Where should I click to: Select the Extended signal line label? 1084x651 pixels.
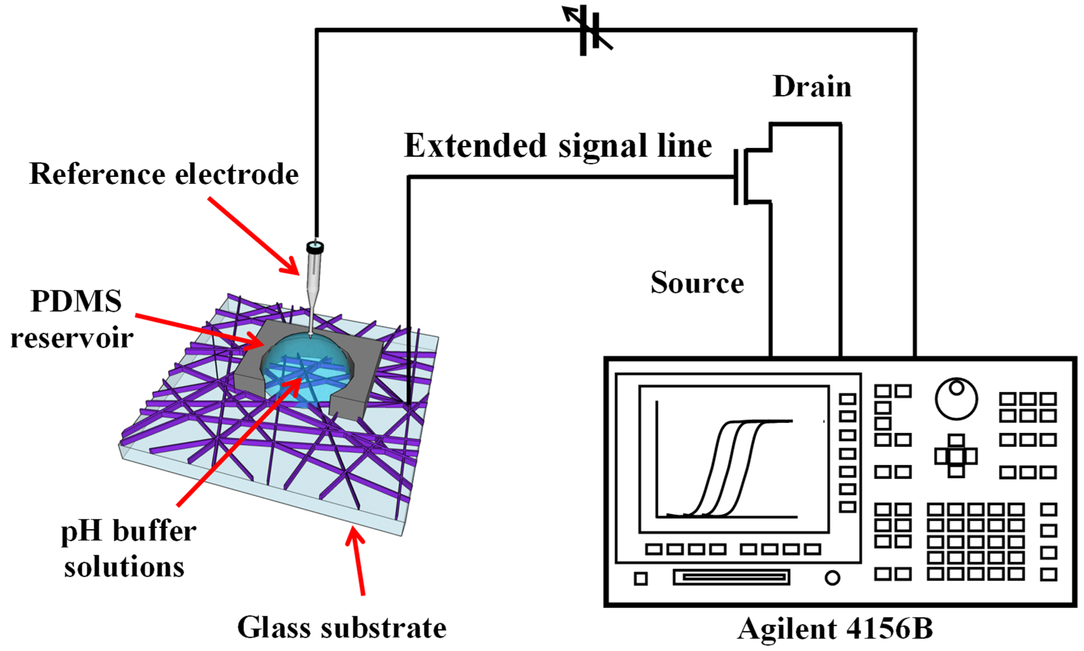tap(558, 146)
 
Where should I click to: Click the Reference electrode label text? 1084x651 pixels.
tap(164, 174)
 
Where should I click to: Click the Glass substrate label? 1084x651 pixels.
tap(342, 627)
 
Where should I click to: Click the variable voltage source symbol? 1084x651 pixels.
tap(588, 30)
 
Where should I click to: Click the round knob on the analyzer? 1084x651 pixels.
tap(956, 398)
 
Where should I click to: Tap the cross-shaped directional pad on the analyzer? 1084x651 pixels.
tap(956, 456)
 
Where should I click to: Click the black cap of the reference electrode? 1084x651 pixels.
tap(315, 247)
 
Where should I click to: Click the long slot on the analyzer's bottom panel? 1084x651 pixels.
tap(731, 577)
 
